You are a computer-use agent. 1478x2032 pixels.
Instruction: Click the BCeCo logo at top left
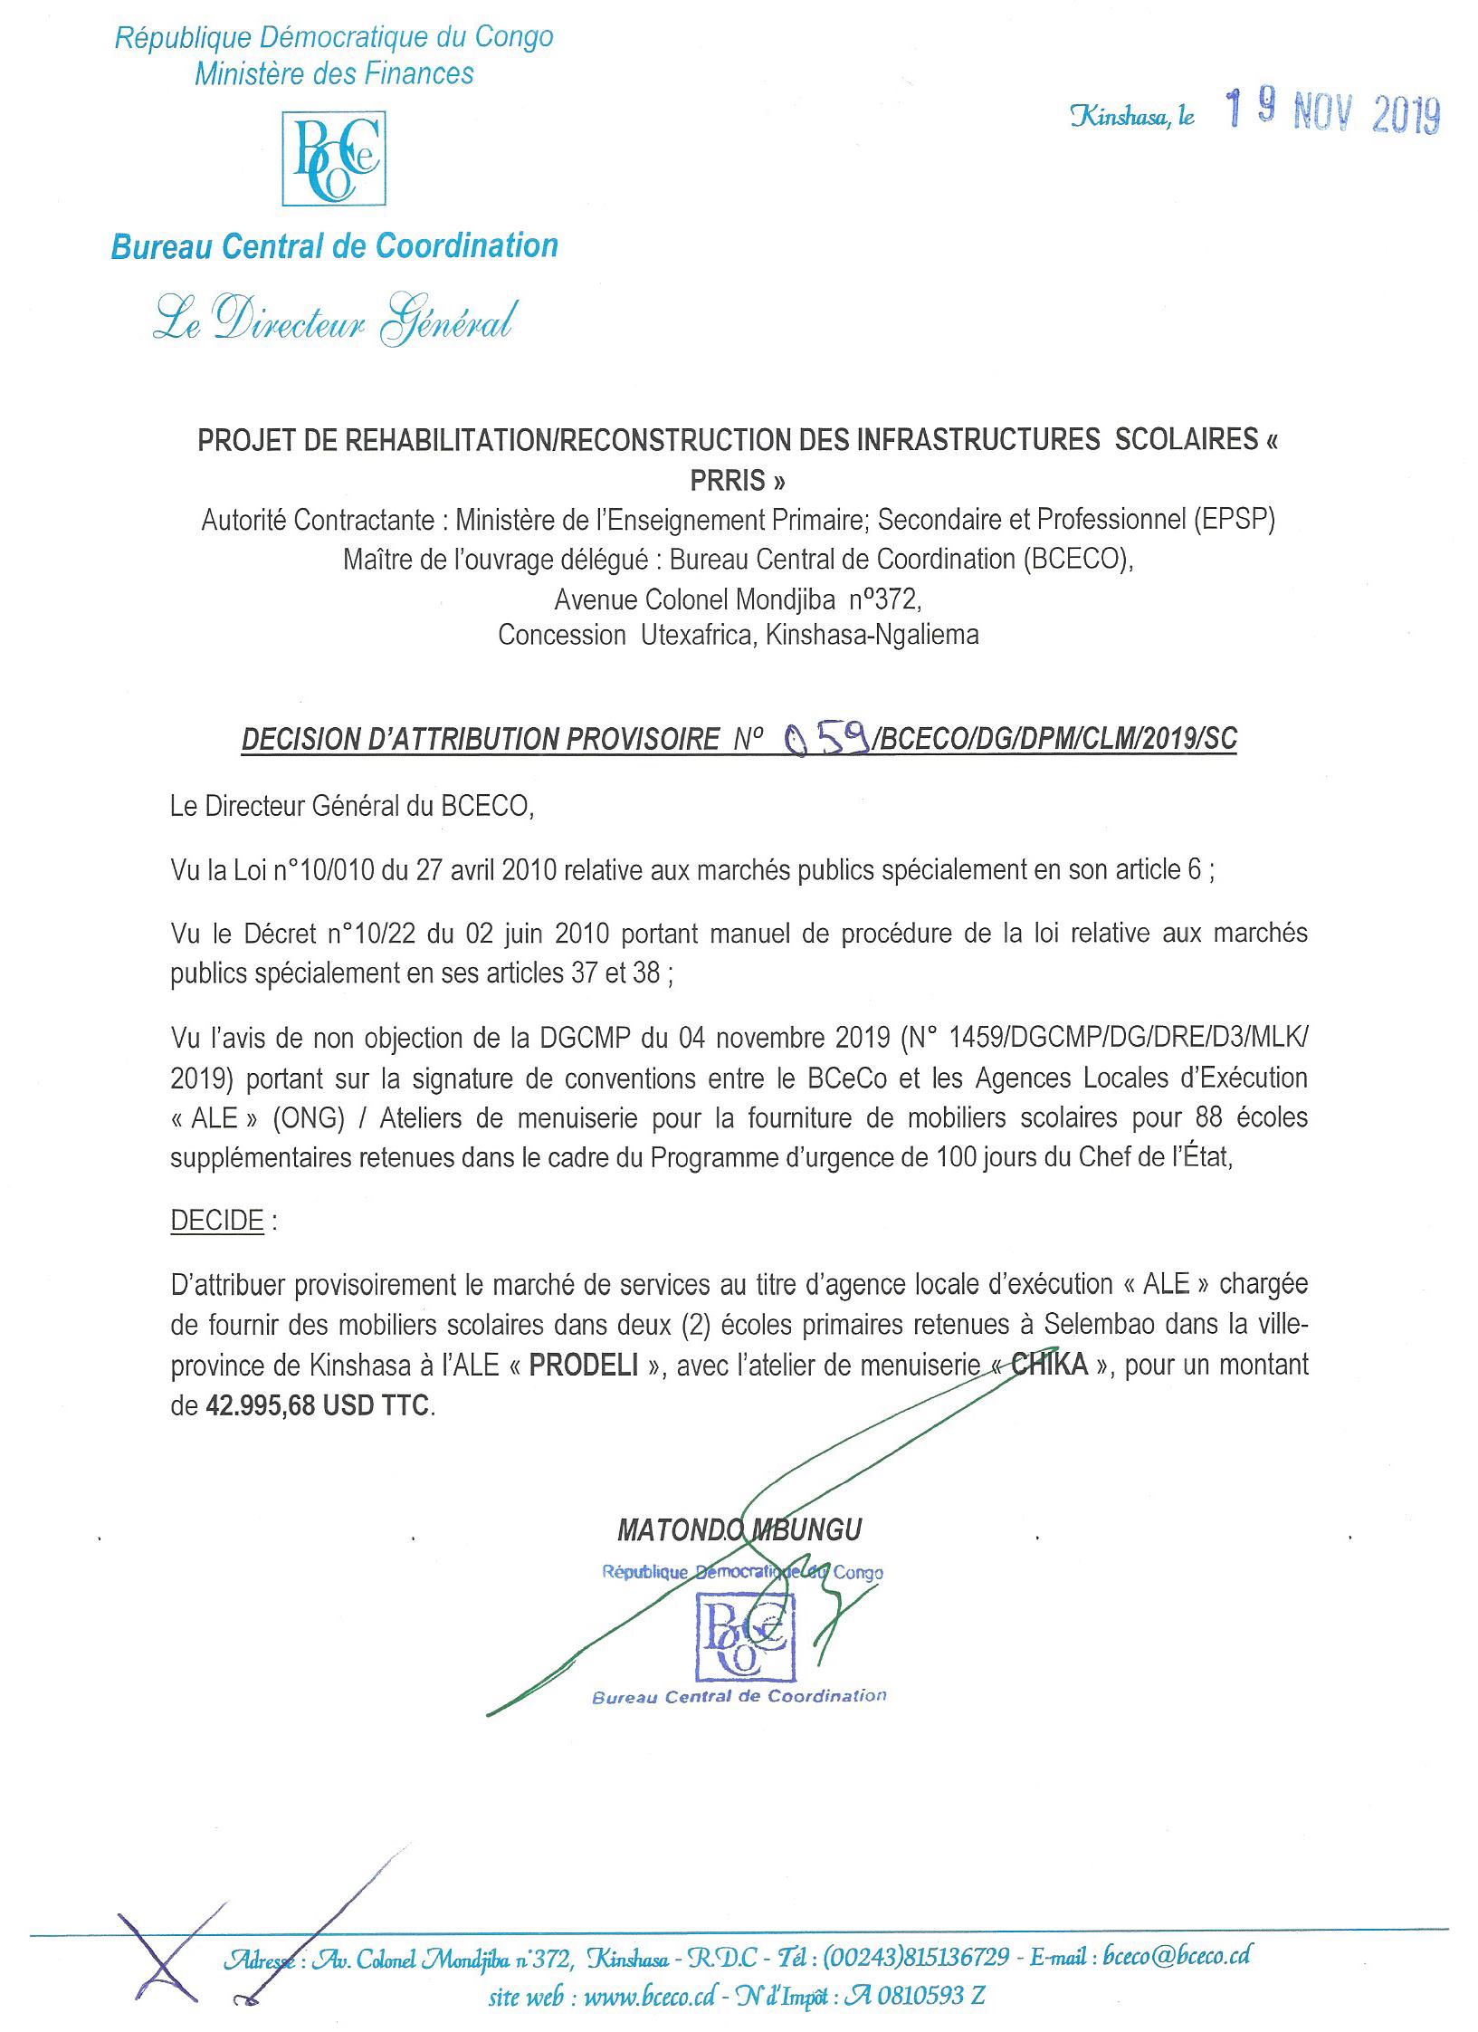pos(334,158)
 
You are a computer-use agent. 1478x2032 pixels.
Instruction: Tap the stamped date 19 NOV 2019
pos(1332,115)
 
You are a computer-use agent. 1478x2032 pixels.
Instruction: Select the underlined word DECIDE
pos(217,1221)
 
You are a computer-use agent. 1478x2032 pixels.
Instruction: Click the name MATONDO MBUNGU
pos(739,1530)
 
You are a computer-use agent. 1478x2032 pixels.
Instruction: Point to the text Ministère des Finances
pos(334,73)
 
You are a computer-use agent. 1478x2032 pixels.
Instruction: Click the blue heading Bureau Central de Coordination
pos(334,246)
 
